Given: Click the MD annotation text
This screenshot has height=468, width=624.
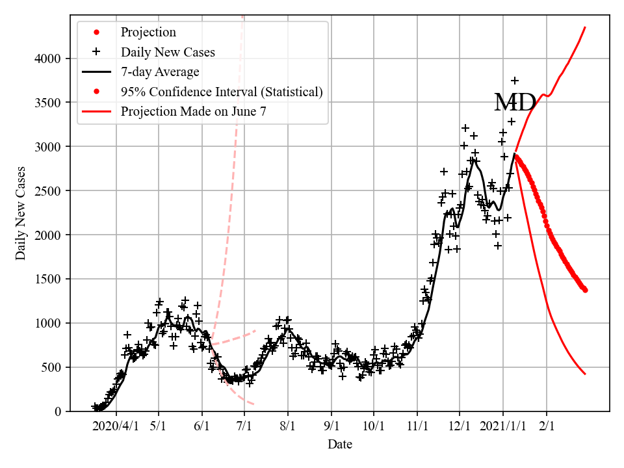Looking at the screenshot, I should [515, 103].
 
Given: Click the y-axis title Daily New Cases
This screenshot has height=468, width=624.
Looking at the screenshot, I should [21, 213].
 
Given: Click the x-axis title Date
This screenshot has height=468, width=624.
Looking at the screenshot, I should [340, 445].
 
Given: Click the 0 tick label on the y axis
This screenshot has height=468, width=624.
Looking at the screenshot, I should [58, 411].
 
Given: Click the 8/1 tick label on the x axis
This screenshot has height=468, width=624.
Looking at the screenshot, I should [288, 426].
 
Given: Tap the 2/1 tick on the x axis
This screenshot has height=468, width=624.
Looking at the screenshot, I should [547, 426].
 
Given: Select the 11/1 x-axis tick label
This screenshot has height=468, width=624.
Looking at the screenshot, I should [417, 426].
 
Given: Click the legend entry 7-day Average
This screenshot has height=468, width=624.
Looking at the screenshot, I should [160, 71].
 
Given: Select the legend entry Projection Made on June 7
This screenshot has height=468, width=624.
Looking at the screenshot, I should [193, 111].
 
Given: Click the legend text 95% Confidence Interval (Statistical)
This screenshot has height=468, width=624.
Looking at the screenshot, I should [222, 92].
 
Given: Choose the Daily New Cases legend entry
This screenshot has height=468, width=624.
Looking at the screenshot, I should [168, 52].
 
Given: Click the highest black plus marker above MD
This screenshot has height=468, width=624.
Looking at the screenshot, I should [515, 81].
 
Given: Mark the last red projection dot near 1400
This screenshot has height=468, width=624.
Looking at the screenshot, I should [585, 290].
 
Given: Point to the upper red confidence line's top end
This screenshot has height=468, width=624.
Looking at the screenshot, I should [585, 27].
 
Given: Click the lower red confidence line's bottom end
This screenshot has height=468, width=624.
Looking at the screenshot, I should [585, 374].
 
